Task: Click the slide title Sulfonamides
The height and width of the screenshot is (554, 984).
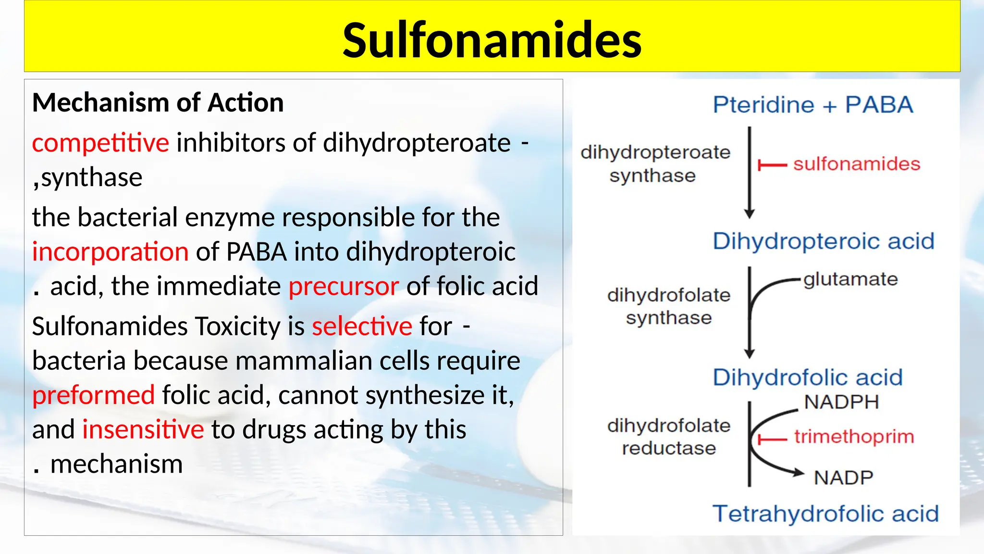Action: coord(492,40)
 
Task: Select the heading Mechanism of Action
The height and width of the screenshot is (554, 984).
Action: coord(158,102)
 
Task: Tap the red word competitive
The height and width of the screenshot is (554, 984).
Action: coord(100,142)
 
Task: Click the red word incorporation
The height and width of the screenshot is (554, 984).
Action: coord(110,252)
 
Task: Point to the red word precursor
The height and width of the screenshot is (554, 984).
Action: coord(344,286)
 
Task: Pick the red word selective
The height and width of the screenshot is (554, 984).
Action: coord(362,326)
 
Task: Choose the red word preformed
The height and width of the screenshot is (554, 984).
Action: coord(93,395)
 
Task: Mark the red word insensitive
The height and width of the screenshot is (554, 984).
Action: coord(143,429)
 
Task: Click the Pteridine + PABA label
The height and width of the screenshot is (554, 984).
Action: coord(812,105)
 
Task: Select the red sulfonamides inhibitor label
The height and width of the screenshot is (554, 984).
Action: coord(856,164)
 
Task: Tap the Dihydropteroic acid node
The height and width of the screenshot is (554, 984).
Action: coord(823,241)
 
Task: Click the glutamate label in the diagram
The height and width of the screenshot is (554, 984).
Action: coord(850,279)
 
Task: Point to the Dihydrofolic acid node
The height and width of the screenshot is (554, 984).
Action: coord(807,378)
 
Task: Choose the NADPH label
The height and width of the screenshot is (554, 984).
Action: coord(841,402)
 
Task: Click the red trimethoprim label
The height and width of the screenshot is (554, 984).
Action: coord(854,437)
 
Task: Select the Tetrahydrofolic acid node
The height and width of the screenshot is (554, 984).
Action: coord(825,514)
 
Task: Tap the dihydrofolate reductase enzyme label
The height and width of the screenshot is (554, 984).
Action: coord(668,437)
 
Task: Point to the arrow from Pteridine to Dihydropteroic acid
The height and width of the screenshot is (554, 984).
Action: coord(749,173)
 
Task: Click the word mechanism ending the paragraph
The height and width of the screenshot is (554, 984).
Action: coord(116,464)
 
